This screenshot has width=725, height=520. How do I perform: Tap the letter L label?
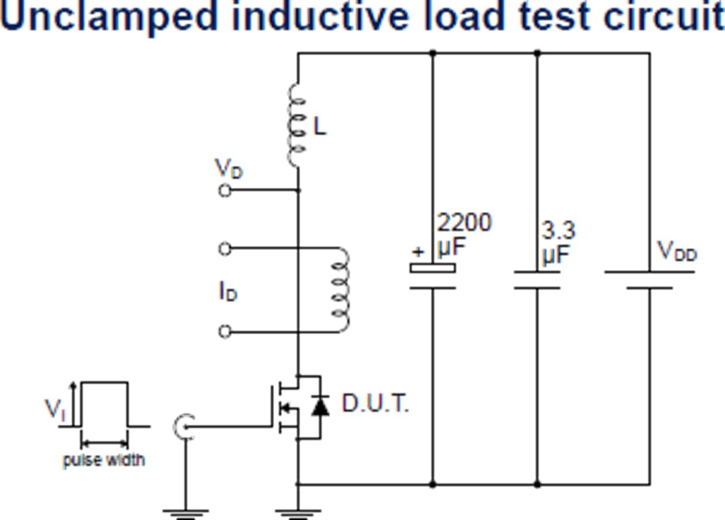pos(320,126)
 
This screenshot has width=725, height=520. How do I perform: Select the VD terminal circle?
pos(226,191)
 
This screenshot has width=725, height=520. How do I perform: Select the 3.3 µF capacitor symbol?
pos(537,280)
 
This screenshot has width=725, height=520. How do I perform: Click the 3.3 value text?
pos(559,231)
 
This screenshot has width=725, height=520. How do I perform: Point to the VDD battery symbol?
pos(649,280)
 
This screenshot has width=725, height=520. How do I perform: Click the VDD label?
pos(677,253)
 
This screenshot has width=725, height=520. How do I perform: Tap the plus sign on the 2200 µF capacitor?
pos(418,253)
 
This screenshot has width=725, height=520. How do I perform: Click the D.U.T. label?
pos(375,404)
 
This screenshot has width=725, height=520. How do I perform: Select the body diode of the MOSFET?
pos(321,406)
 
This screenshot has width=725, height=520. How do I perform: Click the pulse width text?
pos(103,461)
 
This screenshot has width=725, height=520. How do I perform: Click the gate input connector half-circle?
pos(183,425)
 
